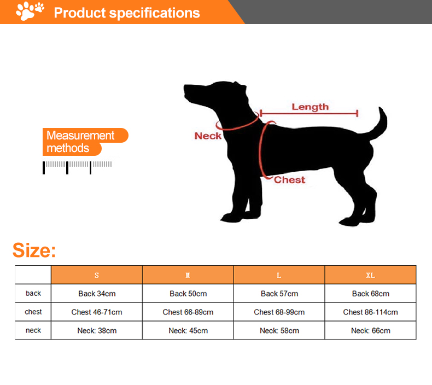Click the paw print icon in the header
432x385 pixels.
(x=30, y=11)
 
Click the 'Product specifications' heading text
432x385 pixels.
(x=127, y=13)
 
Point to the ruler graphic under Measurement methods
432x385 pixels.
(x=77, y=166)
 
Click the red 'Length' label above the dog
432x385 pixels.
(x=310, y=107)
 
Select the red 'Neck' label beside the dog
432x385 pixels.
(x=208, y=136)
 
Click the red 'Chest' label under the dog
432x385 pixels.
(x=289, y=180)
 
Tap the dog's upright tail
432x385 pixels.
(x=380, y=123)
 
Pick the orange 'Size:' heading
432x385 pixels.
(x=34, y=250)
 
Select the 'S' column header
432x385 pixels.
(x=97, y=275)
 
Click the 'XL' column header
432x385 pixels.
(x=370, y=275)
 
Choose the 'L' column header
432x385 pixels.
(x=279, y=275)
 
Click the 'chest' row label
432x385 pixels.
(x=33, y=312)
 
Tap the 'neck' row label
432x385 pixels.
(x=33, y=330)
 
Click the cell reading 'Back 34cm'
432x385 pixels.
(x=97, y=294)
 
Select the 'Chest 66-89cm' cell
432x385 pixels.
(x=188, y=312)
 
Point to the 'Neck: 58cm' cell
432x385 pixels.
(x=279, y=331)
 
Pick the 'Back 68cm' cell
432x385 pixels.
(x=371, y=294)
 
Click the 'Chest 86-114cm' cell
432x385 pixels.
(x=371, y=312)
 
